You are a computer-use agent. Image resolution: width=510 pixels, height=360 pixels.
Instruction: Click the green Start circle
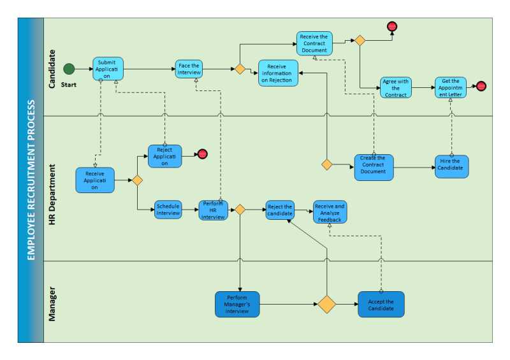click(x=69, y=69)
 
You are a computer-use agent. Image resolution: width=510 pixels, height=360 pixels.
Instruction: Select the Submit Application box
click(x=108, y=69)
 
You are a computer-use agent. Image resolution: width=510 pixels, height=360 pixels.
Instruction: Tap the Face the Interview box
click(x=189, y=69)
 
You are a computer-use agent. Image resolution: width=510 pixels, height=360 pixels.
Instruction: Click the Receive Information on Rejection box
click(x=277, y=73)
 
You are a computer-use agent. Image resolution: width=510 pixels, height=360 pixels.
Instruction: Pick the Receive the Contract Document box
click(x=314, y=43)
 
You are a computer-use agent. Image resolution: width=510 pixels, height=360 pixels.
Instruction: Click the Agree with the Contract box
click(x=396, y=88)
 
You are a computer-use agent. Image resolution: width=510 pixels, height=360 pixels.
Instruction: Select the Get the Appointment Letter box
click(x=451, y=87)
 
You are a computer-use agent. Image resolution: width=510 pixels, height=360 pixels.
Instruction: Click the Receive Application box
click(x=95, y=180)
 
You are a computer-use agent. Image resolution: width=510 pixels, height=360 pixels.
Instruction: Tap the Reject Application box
click(x=164, y=156)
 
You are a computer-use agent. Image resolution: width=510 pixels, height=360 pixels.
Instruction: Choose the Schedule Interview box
click(x=168, y=210)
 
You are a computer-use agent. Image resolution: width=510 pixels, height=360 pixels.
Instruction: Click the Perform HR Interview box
click(x=213, y=210)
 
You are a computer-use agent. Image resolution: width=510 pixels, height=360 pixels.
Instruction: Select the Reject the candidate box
click(x=280, y=210)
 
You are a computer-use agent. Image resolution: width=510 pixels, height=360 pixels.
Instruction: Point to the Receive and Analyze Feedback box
click(x=330, y=213)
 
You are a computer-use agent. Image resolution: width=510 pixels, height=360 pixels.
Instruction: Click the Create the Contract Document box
click(x=373, y=168)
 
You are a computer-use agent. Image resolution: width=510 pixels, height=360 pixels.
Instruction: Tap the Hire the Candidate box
click(x=451, y=166)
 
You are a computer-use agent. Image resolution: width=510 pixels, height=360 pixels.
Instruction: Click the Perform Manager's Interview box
click(x=237, y=304)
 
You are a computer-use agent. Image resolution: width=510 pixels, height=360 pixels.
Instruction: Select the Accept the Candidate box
click(x=381, y=305)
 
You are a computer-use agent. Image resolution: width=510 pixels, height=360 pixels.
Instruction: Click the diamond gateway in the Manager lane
click(x=326, y=304)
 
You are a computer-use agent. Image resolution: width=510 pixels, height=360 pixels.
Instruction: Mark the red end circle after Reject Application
click(x=202, y=154)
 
